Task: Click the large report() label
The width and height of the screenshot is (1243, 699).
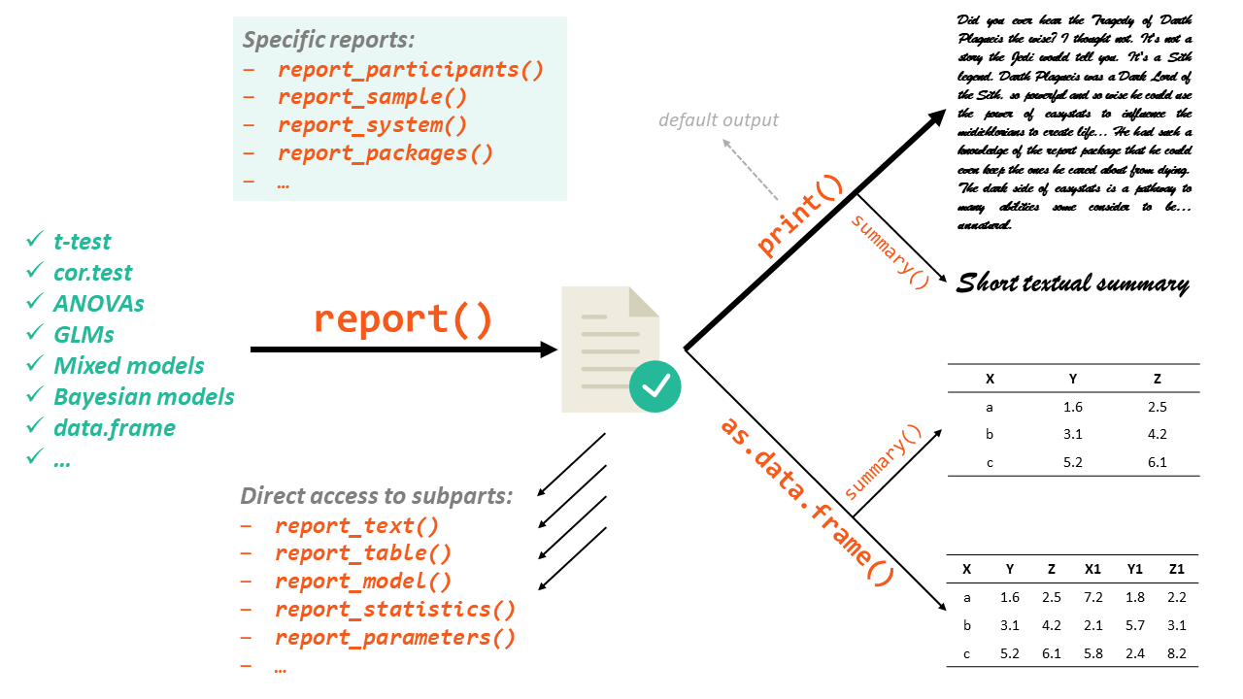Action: tap(403, 320)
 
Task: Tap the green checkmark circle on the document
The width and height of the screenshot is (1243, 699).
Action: tap(655, 386)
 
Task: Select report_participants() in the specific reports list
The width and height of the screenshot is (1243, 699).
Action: tap(410, 70)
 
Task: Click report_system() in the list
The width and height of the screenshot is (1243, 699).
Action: tap(372, 125)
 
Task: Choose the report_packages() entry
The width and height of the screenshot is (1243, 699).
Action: tap(385, 153)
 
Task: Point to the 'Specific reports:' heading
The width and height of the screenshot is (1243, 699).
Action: tap(328, 41)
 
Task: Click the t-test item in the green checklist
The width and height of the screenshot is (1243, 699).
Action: tap(83, 242)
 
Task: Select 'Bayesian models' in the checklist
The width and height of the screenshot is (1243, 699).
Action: tap(144, 397)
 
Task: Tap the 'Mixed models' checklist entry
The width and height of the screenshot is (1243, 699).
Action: tap(129, 366)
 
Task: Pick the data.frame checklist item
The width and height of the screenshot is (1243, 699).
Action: tap(115, 428)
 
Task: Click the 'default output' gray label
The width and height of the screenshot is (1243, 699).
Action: tap(719, 120)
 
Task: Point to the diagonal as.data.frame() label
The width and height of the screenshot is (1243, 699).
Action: tap(805, 501)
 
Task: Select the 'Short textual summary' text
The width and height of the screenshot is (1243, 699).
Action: tap(1072, 283)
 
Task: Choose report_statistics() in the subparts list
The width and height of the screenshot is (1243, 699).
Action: tap(395, 610)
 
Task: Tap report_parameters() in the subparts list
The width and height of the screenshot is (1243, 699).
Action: tap(395, 638)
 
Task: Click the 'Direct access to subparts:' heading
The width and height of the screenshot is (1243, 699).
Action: tap(377, 496)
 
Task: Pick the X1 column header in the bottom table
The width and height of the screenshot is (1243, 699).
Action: tap(1092, 570)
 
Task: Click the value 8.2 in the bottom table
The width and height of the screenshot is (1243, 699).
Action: tap(1176, 653)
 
